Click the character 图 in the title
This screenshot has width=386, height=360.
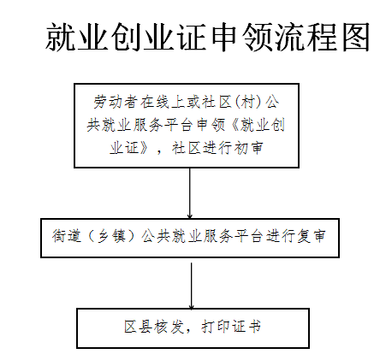(x=355, y=37)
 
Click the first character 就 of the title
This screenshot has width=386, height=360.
(x=61, y=37)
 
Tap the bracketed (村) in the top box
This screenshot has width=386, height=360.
(x=248, y=102)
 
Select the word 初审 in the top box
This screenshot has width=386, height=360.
(x=248, y=148)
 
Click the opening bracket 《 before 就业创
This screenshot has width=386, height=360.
(x=234, y=125)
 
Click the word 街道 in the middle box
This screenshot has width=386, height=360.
(x=67, y=236)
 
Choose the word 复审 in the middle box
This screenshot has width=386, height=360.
(x=311, y=236)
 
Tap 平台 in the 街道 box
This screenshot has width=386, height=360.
(x=249, y=236)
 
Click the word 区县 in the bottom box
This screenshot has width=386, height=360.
(x=138, y=327)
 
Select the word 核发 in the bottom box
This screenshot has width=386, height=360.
(x=169, y=327)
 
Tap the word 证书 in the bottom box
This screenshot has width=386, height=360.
(x=246, y=327)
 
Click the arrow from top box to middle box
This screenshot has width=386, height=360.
(x=190, y=193)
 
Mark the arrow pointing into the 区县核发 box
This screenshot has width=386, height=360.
(x=192, y=286)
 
